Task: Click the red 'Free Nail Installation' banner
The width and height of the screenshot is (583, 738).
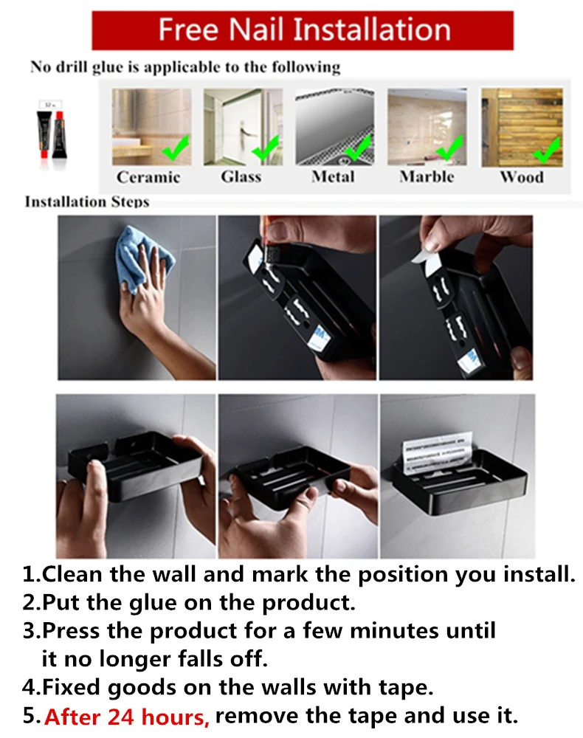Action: click(x=303, y=30)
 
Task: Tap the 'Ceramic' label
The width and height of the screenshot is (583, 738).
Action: click(x=148, y=177)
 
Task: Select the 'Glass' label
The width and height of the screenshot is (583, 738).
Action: click(x=241, y=176)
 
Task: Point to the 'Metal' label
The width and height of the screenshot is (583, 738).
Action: click(x=333, y=176)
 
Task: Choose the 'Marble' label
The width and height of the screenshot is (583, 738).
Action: click(x=427, y=176)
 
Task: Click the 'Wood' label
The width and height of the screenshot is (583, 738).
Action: click(x=522, y=177)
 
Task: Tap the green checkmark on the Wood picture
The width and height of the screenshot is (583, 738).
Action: click(x=547, y=150)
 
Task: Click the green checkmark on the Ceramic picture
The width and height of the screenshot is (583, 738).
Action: click(x=176, y=147)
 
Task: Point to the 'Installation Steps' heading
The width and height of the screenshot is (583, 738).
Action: click(x=87, y=202)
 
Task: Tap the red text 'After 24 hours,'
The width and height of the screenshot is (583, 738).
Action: click(x=127, y=717)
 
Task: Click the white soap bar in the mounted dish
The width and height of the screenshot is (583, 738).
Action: click(x=437, y=453)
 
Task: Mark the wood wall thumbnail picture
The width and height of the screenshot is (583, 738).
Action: click(x=522, y=128)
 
